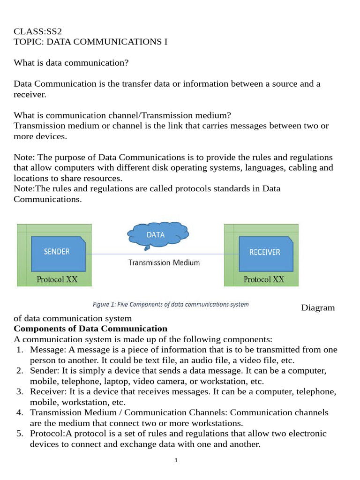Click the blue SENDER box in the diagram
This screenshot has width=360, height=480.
click(57, 252)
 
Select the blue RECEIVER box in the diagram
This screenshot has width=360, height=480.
click(264, 252)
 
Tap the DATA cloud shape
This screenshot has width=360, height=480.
click(156, 235)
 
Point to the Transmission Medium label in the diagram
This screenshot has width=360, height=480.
click(164, 262)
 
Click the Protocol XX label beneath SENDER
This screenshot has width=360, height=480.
click(57, 279)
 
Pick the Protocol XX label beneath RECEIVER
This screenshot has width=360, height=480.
click(263, 279)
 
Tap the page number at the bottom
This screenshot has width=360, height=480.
click(176, 461)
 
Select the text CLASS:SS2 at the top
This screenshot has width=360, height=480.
click(37, 32)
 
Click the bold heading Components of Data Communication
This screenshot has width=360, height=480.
click(90, 329)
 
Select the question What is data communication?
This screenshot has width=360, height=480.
click(71, 63)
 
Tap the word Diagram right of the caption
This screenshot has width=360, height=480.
click(318, 308)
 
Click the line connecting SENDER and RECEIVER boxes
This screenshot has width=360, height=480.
click(159, 254)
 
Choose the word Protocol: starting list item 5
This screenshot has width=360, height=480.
click(46, 434)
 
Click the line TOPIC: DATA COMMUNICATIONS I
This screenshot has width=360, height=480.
click(90, 42)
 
